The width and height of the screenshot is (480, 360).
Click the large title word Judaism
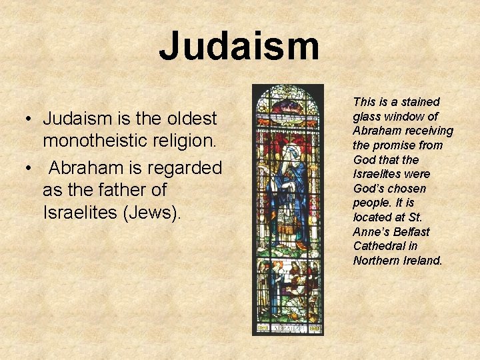tap(239, 46)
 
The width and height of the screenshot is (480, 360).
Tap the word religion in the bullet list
tap(181, 141)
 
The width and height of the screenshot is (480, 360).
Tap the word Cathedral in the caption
tap(377, 246)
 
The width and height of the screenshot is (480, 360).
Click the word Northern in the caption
tap(376, 261)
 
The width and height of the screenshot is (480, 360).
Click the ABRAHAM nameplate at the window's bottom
tap(287, 327)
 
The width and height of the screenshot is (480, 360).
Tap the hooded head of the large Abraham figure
tap(289, 155)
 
